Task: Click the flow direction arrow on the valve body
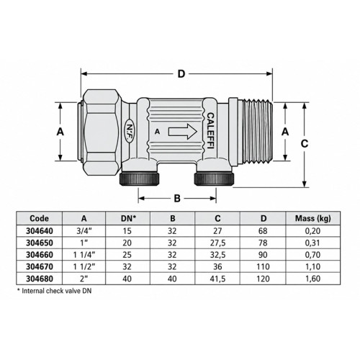(183, 132)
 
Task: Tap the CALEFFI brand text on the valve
(210, 131)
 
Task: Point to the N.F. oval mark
(130, 132)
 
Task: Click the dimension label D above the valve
(181, 74)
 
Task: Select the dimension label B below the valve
(177, 198)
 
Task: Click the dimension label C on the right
(305, 144)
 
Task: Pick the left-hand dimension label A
(60, 132)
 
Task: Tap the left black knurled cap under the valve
(139, 179)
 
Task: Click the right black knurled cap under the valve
(214, 179)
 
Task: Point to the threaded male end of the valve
(257, 132)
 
